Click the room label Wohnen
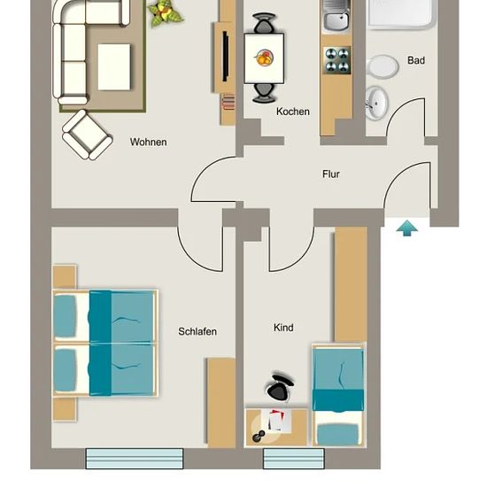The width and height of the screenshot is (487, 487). [x=149, y=142]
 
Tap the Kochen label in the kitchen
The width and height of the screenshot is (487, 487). [x=293, y=112]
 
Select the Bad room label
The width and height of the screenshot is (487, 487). [x=416, y=60]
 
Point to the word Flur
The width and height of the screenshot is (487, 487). [x=331, y=174]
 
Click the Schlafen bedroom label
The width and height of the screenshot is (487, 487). [x=197, y=331]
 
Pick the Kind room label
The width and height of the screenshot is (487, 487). [x=283, y=328]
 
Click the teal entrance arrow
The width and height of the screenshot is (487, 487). [x=407, y=228]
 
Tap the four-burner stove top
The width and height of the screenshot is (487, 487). [x=336, y=60]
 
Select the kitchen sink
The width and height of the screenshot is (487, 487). [x=336, y=16]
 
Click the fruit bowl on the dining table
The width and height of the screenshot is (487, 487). [x=265, y=58]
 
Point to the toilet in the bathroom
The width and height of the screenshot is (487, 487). [x=382, y=66]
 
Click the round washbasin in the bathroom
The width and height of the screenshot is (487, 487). [x=376, y=104]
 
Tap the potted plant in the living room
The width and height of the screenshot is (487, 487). [x=165, y=13]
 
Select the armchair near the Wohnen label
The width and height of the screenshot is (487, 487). [x=88, y=135]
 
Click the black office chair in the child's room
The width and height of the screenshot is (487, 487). [x=280, y=387]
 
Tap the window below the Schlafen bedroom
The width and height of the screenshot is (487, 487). [x=135, y=458]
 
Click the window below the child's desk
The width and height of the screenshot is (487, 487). [x=294, y=458]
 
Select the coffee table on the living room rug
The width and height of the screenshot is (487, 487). [x=114, y=67]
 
